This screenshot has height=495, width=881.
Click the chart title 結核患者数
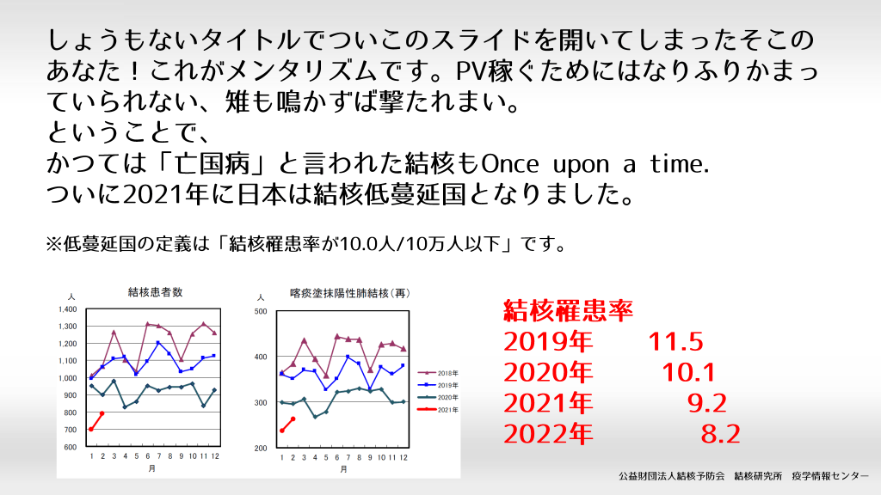155,292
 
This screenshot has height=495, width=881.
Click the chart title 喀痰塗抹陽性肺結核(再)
350,294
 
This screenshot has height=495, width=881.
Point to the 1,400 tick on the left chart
67,309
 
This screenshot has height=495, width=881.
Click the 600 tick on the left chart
71,447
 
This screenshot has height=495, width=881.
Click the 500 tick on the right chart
261,311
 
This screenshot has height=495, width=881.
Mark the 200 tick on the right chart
261,449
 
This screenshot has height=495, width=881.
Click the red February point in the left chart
102,413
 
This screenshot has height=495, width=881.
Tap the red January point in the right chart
281,431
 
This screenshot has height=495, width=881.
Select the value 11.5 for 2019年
676,341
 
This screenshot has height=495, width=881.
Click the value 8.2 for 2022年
721,434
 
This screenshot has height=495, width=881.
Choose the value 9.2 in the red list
707,403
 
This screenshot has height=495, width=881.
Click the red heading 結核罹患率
568,310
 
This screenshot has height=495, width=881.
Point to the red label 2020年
548,372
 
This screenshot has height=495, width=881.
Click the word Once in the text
509,164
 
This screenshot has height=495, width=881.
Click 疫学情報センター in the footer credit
830,476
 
